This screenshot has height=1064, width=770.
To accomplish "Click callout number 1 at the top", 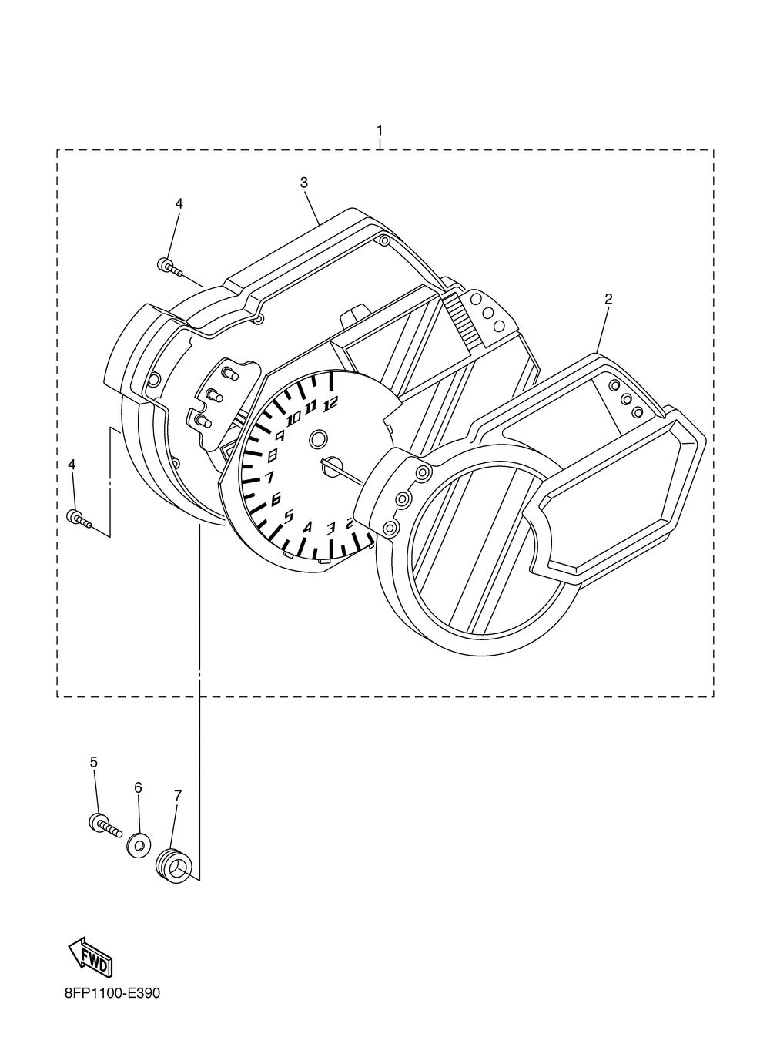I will pyautogui.click(x=379, y=129).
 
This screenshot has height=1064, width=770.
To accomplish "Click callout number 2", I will pyautogui.click(x=608, y=299).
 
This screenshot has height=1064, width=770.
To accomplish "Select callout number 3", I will pyautogui.click(x=304, y=183).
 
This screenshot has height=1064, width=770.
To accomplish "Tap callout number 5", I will pyautogui.click(x=94, y=762).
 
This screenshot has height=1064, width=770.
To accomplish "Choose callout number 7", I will pyautogui.click(x=178, y=794).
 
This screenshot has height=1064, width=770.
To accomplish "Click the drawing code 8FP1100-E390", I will pyautogui.click(x=112, y=994).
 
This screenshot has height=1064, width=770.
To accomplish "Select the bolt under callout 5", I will pyautogui.click(x=105, y=827).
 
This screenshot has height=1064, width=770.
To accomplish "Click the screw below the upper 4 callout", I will pyautogui.click(x=169, y=267).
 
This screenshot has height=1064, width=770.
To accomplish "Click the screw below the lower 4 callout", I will pyautogui.click(x=80, y=519).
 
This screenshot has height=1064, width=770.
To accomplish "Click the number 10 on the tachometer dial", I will pyautogui.click(x=293, y=419).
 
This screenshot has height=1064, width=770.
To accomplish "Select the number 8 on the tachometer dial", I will pyautogui.click(x=271, y=455).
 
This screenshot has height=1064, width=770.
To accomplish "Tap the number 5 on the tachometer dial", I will pyautogui.click(x=289, y=516).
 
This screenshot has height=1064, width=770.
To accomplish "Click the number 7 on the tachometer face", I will pyautogui.click(x=269, y=478).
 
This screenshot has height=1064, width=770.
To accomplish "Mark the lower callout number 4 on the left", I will pyautogui.click(x=72, y=465).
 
